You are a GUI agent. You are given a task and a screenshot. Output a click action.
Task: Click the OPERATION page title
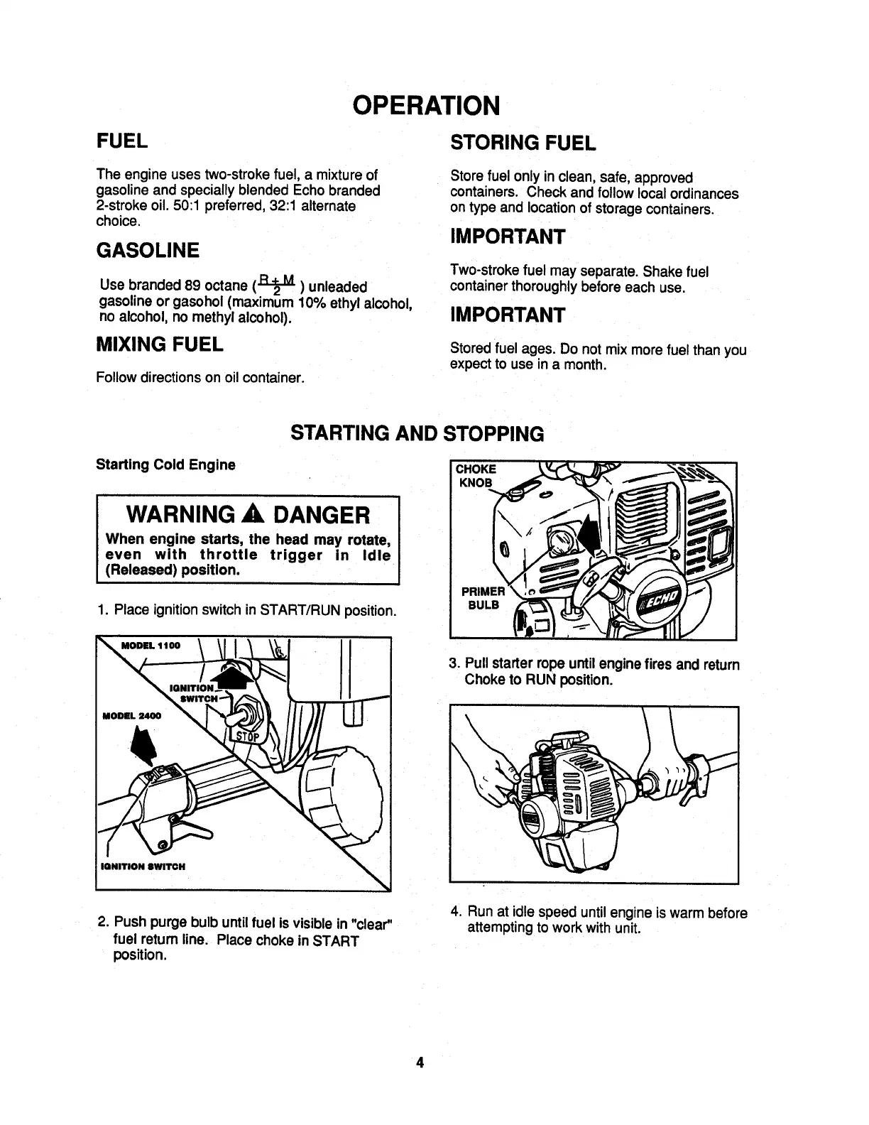pyautogui.click(x=426, y=105)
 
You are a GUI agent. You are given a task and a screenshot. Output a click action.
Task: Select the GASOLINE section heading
pyautogui.click(x=148, y=250)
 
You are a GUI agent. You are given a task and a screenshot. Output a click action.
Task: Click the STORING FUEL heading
pyautogui.click(x=523, y=143)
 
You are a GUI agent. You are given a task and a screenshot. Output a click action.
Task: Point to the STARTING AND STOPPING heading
pyautogui.click(x=417, y=433)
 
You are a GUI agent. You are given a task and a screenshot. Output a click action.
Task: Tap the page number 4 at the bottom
pyautogui.click(x=420, y=1062)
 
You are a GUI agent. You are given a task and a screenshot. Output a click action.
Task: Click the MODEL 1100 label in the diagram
pyautogui.click(x=151, y=646)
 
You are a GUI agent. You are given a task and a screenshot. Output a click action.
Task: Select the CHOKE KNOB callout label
pyautogui.click(x=475, y=476)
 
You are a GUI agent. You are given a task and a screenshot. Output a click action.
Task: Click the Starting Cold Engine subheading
pyautogui.click(x=165, y=464)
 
